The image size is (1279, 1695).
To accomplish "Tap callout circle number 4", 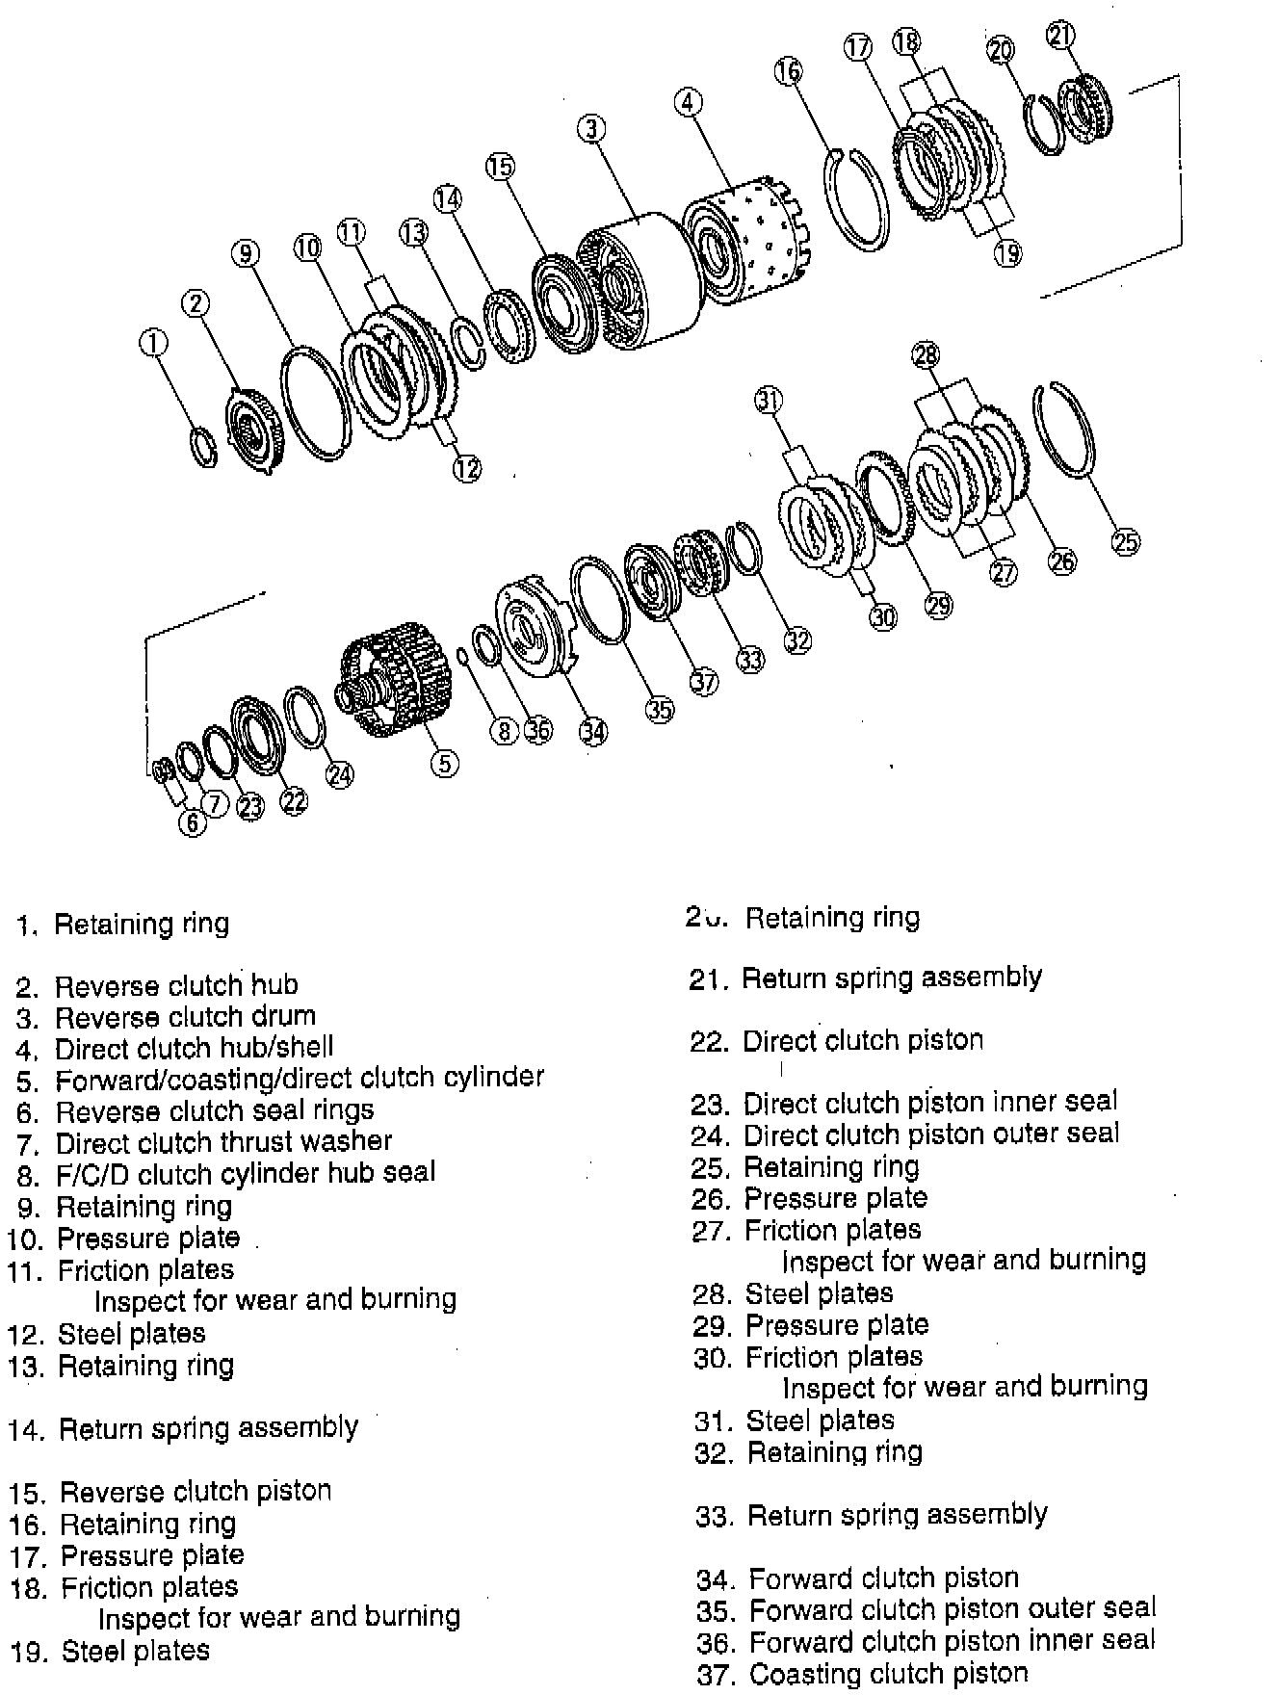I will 688,102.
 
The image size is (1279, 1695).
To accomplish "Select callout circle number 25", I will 1125,541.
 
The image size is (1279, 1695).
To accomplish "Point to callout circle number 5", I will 444,763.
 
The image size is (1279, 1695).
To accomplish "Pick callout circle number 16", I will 788,70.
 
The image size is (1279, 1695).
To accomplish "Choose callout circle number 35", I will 659,710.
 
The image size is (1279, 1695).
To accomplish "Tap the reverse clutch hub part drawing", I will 252,429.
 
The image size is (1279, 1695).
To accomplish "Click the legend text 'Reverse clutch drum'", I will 185,1016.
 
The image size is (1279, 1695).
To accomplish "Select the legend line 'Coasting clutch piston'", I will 888,1673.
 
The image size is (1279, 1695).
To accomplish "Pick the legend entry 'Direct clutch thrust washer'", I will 223,1142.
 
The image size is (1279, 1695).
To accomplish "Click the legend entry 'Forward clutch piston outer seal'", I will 953,1608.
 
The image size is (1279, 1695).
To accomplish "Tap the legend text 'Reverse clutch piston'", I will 196,1491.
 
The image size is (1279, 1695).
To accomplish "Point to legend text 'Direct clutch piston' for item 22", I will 863,1040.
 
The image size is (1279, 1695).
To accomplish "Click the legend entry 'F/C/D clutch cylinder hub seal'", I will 246,1173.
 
